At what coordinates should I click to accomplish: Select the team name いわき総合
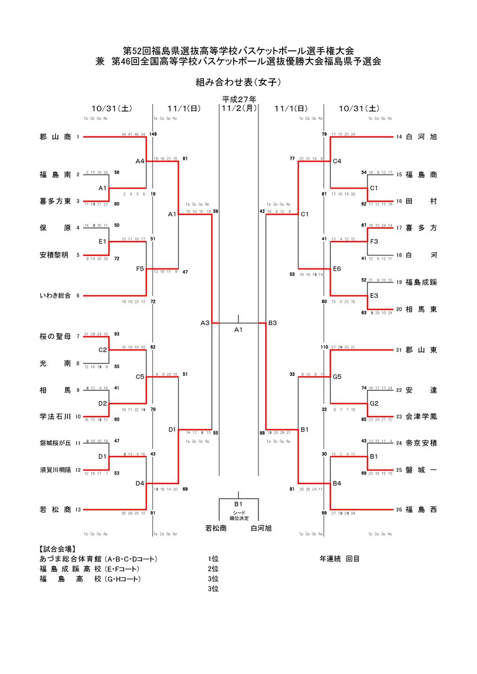point(55,295)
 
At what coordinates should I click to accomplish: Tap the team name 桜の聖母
point(55,336)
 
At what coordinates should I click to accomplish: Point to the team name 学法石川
point(55,417)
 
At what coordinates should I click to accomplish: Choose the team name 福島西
point(421,510)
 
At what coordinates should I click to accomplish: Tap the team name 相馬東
point(421,309)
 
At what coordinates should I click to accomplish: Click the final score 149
point(153,134)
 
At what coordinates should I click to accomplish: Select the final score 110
point(324,347)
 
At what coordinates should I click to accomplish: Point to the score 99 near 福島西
point(324,513)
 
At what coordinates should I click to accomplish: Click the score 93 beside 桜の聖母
point(116,334)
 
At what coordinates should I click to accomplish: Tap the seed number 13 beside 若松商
point(78,510)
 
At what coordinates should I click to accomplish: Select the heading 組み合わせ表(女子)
point(238,82)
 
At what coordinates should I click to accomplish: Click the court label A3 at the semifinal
point(205,323)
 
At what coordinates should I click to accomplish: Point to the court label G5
point(337,377)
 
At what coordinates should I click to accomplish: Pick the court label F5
point(140,268)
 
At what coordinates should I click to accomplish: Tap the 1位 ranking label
point(212,559)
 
